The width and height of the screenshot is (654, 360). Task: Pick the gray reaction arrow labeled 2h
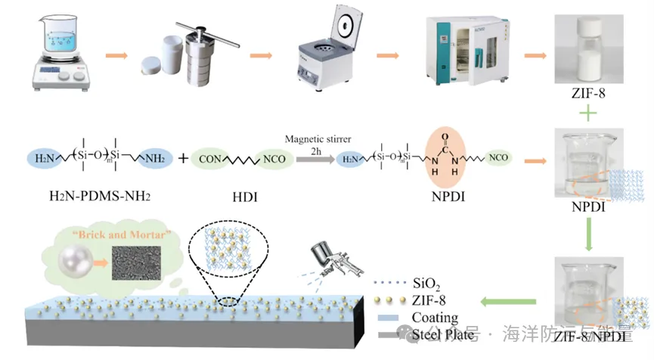coord(313,160)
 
